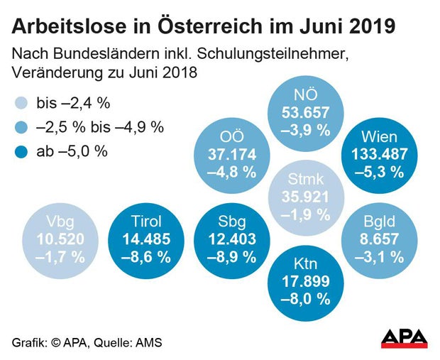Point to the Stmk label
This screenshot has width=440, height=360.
click(304, 182)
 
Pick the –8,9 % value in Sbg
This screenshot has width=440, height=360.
click(229, 256)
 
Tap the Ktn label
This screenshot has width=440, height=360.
click(304, 266)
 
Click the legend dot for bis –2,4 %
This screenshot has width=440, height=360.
click(23, 103)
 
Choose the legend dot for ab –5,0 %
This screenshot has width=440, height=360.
click(23, 151)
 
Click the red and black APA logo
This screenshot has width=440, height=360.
click(405, 339)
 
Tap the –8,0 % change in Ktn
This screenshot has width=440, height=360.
click(304, 299)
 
